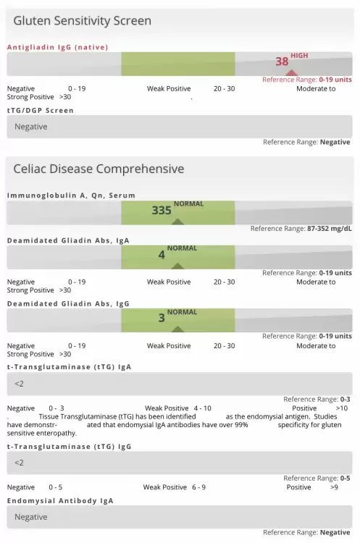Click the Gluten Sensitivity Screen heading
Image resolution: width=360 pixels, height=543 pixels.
82,21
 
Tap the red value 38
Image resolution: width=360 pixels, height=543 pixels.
282,62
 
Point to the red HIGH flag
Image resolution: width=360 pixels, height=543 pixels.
299,56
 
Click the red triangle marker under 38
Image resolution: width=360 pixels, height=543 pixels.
291,72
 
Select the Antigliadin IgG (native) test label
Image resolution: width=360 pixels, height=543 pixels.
57,48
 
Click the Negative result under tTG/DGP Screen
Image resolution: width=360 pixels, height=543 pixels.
31,127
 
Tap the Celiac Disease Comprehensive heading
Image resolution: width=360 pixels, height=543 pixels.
99,169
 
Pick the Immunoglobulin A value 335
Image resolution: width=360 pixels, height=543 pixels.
162,210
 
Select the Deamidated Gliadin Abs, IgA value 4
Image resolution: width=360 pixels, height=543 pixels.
162,255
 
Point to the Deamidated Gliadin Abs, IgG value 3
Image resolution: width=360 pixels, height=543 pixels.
162,318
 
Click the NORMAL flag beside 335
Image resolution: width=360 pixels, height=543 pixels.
188,203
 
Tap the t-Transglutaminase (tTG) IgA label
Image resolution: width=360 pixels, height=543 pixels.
70,367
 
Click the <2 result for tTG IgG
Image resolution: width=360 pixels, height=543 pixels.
19,463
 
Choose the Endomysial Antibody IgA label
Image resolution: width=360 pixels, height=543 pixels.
60,501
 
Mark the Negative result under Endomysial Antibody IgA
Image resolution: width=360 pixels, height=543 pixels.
31,517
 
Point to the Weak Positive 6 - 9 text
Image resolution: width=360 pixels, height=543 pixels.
175,487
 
